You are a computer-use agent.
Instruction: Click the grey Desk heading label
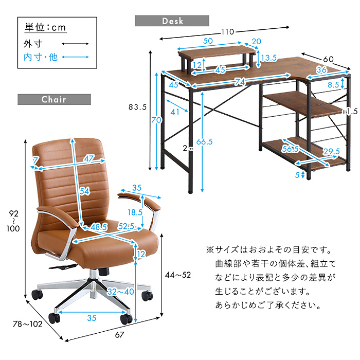point(172,21)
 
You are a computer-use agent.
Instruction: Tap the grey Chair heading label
point(54,99)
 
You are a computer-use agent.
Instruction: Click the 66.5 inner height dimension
point(207,142)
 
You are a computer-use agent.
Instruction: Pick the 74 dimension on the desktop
point(240,82)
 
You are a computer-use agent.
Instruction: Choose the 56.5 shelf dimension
point(291,149)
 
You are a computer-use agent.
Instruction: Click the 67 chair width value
point(120,335)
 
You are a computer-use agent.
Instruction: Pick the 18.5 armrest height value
point(135,212)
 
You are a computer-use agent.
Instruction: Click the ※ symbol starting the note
point(209,250)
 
